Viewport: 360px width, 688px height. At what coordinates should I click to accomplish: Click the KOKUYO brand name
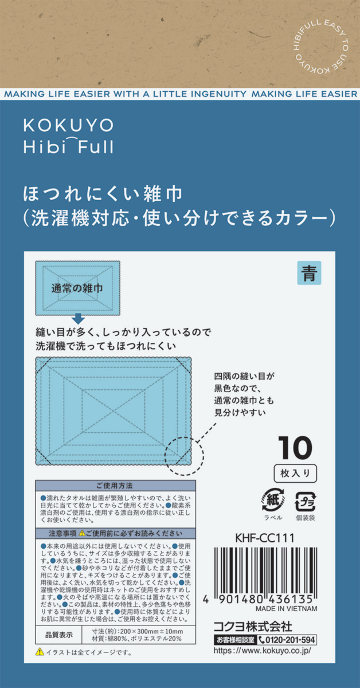(68, 125)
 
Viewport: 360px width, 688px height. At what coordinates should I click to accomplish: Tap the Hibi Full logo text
(68, 146)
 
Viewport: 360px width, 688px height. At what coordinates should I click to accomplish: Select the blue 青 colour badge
(309, 273)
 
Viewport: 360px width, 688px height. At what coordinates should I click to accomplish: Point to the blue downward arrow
(78, 319)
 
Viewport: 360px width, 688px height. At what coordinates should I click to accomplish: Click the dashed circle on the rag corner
(185, 455)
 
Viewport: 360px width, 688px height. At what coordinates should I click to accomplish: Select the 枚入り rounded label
(295, 473)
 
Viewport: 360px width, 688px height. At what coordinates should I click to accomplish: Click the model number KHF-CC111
(265, 538)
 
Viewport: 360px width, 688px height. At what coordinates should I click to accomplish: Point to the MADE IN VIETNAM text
(286, 609)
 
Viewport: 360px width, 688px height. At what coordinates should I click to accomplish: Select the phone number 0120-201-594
(287, 639)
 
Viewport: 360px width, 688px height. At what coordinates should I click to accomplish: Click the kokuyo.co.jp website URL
(262, 651)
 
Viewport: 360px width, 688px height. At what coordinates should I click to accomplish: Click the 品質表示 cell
(58, 635)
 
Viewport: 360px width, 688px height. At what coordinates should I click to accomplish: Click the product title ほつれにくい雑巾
(102, 194)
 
